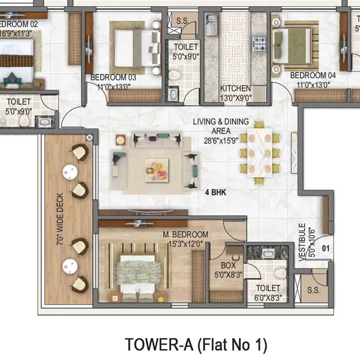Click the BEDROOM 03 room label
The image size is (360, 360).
click(113, 78)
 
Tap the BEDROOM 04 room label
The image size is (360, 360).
click(313, 76)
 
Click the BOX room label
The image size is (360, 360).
click(227, 265)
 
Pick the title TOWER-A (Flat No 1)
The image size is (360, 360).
click(195, 344)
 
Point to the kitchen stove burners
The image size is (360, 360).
click(260, 43)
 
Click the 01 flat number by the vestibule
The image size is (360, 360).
click(328, 247)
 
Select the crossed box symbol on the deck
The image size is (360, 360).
click(89, 138)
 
